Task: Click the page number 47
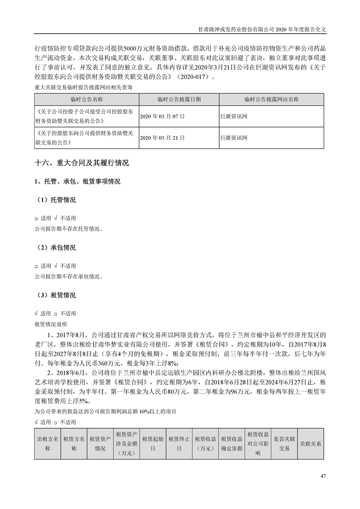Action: pos(323,476)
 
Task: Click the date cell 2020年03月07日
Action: pos(163,116)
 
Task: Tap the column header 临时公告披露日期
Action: pos(179,99)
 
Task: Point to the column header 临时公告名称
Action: pos(87,99)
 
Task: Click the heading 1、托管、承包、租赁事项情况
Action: pos(78,181)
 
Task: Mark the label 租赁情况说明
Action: pos(50,324)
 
